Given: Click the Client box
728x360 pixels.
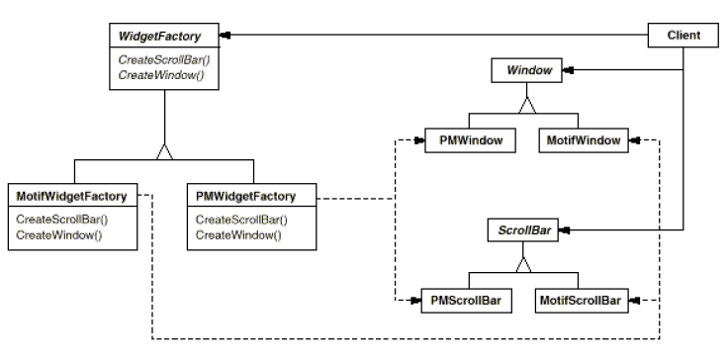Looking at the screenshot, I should click(x=682, y=37).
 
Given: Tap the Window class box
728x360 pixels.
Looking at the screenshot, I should click(x=529, y=71).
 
